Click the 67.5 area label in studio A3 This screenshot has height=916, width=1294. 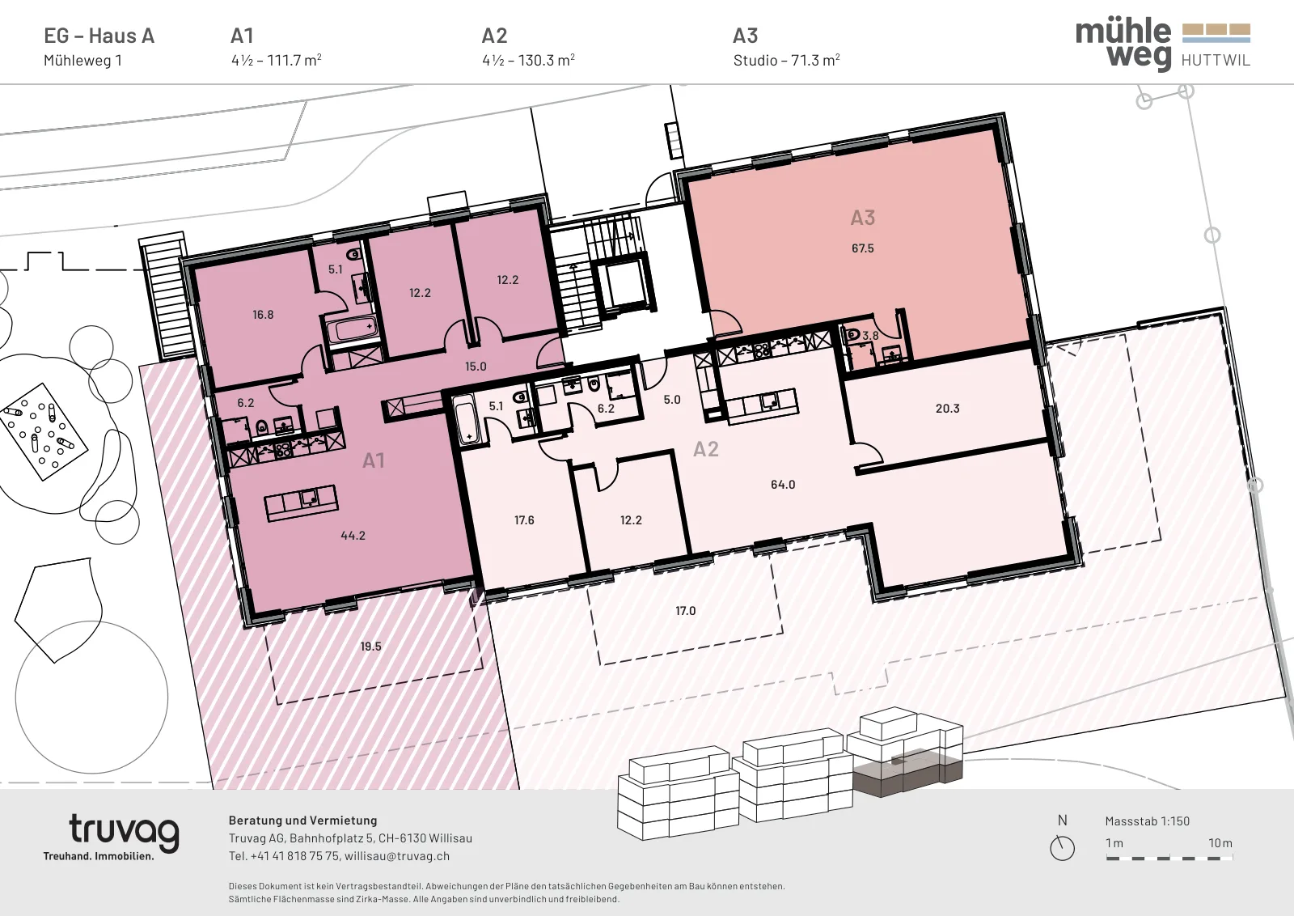click(862, 248)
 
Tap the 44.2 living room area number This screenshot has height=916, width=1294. click(353, 536)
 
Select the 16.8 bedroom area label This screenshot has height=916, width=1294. click(263, 315)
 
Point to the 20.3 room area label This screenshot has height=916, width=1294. click(947, 409)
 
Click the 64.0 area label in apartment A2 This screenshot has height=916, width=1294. click(783, 485)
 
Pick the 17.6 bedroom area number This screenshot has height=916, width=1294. click(524, 520)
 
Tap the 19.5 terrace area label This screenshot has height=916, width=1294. click(371, 647)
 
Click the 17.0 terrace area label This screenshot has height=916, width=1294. click(686, 611)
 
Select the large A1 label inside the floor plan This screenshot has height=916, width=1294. click(373, 460)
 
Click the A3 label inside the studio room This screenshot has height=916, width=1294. click(863, 218)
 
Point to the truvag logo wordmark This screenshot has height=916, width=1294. click(124, 832)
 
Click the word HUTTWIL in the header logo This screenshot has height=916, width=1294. click(1216, 60)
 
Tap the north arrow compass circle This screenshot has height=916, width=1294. click(1063, 848)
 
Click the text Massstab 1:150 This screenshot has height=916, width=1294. click(1148, 821)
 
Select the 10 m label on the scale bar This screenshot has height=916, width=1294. click(1220, 843)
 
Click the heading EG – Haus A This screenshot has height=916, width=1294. click(99, 36)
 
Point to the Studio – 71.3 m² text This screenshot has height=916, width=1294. click(786, 60)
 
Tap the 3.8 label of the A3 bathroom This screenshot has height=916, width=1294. click(870, 336)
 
